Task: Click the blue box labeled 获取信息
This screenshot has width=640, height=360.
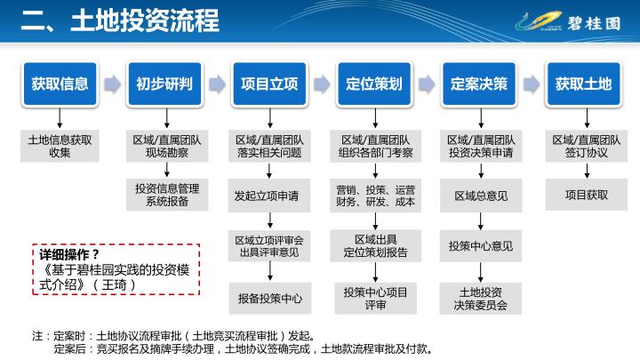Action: coord(60,84)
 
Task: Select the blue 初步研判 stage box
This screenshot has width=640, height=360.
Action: coord(164,84)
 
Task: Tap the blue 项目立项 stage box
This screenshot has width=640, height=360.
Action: coord(269,84)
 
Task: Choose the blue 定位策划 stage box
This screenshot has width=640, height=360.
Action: coord(374,84)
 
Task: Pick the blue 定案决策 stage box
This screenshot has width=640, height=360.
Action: coord(479,84)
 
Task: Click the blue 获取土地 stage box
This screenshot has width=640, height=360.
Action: coord(584,84)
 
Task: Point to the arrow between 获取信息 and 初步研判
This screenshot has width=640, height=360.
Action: coord(112,84)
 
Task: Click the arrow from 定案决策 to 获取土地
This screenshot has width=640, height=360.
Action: coord(532,84)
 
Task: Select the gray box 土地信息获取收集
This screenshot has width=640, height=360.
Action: coord(60,146)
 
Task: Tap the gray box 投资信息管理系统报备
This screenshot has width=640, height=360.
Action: coord(167,195)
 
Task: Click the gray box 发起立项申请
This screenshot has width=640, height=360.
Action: coord(269,196)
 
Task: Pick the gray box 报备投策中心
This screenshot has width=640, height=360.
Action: coord(270,299)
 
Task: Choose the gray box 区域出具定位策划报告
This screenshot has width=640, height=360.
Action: coord(375,245)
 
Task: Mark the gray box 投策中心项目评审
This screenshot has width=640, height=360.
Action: coord(375,299)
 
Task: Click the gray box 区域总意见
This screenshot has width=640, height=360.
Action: coord(481,196)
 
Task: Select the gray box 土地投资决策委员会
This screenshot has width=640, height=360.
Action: coord(480,299)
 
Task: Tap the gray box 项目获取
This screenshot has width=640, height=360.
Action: coord(587,195)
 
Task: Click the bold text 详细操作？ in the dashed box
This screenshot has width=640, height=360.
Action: coord(69,255)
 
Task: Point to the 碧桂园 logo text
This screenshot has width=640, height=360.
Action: coord(594,24)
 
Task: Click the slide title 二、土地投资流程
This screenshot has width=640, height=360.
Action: coord(120,20)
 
